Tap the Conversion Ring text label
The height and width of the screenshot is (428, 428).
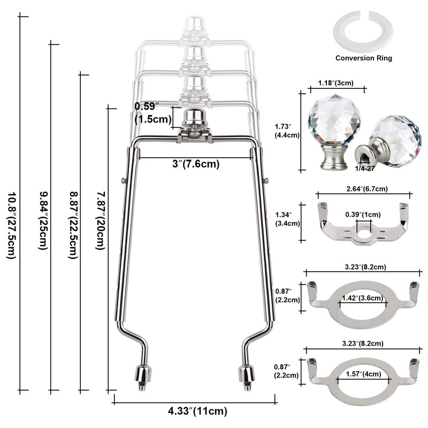(364, 58)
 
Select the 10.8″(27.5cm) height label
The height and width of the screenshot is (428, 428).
(12, 225)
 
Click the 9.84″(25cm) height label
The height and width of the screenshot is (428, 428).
(43, 220)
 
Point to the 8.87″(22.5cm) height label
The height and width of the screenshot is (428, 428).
(73, 225)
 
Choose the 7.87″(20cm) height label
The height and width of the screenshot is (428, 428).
(100, 220)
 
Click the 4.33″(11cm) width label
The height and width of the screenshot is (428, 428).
(197, 411)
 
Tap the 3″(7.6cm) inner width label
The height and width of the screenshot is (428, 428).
(196, 164)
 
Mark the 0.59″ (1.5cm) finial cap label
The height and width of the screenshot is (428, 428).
(153, 113)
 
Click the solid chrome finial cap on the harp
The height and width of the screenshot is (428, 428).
(194, 118)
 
